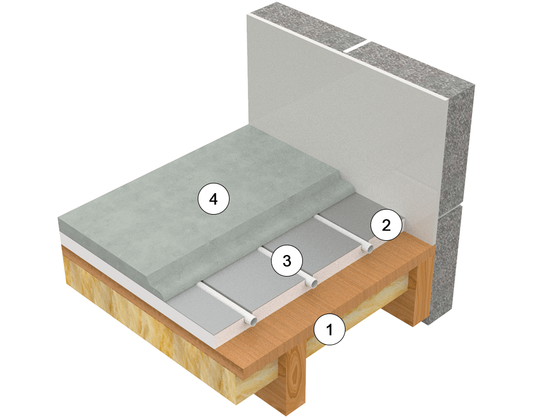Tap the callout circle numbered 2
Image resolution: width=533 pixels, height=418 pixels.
click(x=386, y=225)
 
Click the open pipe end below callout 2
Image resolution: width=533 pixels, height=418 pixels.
click(x=368, y=248)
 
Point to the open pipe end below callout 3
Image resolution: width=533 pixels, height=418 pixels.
click(x=311, y=282)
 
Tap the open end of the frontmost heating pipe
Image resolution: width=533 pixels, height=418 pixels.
click(x=250, y=321)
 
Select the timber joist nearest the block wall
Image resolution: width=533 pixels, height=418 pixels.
click(x=420, y=295)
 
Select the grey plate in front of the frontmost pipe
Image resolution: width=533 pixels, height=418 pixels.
click(x=216, y=310)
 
